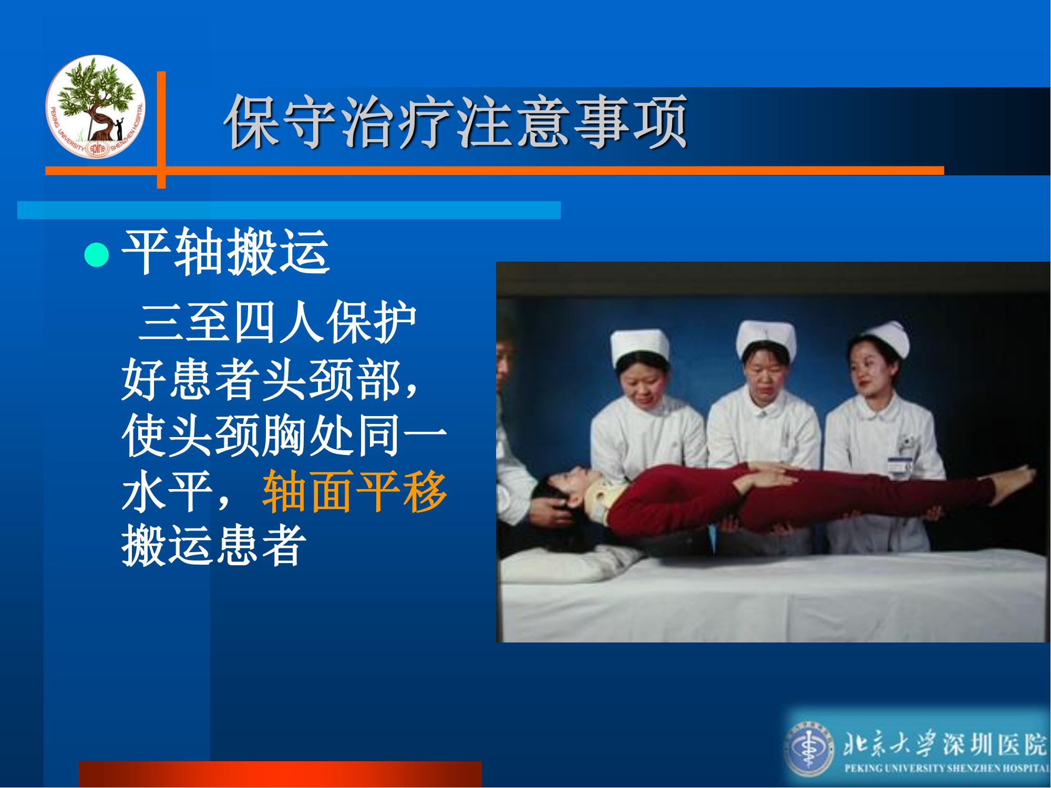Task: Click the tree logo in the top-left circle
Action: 95,106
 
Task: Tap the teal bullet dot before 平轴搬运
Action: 97,255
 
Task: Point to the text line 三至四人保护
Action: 277,322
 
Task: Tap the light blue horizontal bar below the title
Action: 289,210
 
